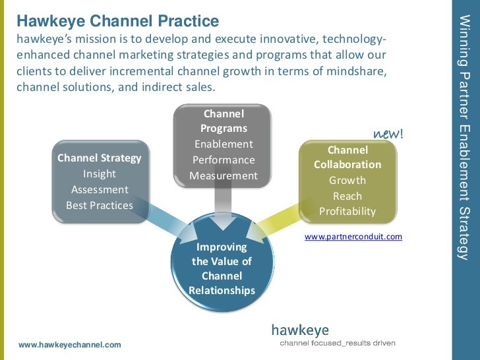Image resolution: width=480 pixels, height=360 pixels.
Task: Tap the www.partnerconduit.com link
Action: pos(353,236)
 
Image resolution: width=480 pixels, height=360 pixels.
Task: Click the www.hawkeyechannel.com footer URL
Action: pos(70,345)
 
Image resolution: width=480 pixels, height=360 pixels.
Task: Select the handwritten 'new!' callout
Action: pos(388,134)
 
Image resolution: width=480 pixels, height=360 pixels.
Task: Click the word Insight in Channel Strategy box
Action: pos(100,174)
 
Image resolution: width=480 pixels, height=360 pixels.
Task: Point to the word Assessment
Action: pos(100,190)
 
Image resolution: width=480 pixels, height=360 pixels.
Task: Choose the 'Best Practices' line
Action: pos(100,206)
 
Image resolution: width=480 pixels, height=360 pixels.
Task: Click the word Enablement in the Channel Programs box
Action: pos(224,144)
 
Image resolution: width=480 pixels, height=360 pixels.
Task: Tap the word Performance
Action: pos(224,160)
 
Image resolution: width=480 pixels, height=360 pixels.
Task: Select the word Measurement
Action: pos(224,176)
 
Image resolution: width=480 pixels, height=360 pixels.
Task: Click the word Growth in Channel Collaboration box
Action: pos(347,180)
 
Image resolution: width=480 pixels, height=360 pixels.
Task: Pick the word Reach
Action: pos(347,196)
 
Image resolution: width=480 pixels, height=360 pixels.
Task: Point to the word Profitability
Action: pos(347,212)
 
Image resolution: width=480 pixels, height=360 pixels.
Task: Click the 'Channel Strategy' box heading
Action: pos(100,158)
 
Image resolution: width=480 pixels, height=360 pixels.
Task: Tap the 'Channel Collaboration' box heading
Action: pos(347,157)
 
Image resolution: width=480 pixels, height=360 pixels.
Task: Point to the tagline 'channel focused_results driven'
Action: pos(338,344)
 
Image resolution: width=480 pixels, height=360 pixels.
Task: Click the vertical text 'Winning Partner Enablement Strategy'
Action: pos(464,138)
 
